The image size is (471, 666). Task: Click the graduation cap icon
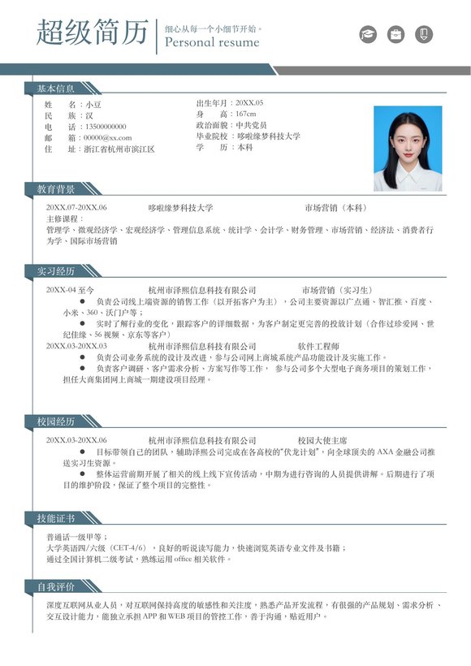tap(369, 34)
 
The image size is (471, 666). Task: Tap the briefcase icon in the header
tap(395, 34)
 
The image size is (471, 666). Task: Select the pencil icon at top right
tap(423, 34)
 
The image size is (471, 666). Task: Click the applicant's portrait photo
tap(408, 149)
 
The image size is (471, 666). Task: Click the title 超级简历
tap(92, 33)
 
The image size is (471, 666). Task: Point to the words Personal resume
tap(212, 42)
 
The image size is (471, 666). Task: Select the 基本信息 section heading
tap(55, 88)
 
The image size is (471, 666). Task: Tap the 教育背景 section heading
tap(55, 189)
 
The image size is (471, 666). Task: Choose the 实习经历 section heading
tap(55, 270)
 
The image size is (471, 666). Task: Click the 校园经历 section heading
tap(55, 422)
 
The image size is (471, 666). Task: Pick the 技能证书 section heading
tap(55, 518)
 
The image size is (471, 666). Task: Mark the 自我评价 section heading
tap(55, 586)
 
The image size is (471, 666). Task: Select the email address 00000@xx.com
tap(107, 138)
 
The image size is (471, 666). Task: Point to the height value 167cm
tap(245, 115)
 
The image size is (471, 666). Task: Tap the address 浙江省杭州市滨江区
tap(119, 149)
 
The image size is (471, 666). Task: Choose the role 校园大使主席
tap(322, 439)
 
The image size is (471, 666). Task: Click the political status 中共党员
tap(251, 126)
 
